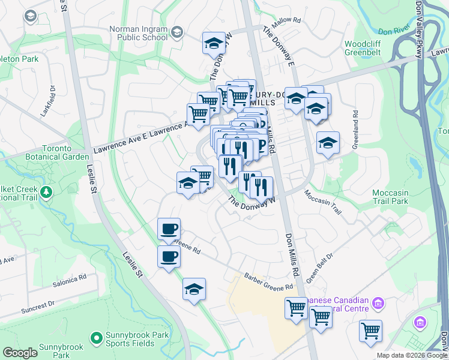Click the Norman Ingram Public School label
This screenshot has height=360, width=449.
tap(138, 33)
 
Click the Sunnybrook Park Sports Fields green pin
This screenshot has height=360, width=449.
tap(96, 339)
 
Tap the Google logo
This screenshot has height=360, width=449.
tap(20, 353)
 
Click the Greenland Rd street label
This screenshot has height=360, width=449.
tap(355, 121)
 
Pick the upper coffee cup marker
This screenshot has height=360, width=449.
tap(169, 228)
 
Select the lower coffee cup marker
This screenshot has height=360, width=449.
tap(169, 257)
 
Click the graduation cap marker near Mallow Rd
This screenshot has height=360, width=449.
tap(214, 43)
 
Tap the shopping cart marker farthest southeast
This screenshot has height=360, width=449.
tap(370, 330)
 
